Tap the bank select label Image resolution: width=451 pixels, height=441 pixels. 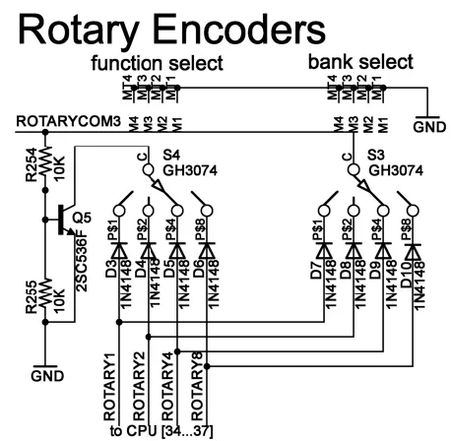pos(348,63)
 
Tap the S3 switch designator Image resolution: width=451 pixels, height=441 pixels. pos(376,155)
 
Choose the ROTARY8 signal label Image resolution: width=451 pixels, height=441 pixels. pos(195,393)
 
